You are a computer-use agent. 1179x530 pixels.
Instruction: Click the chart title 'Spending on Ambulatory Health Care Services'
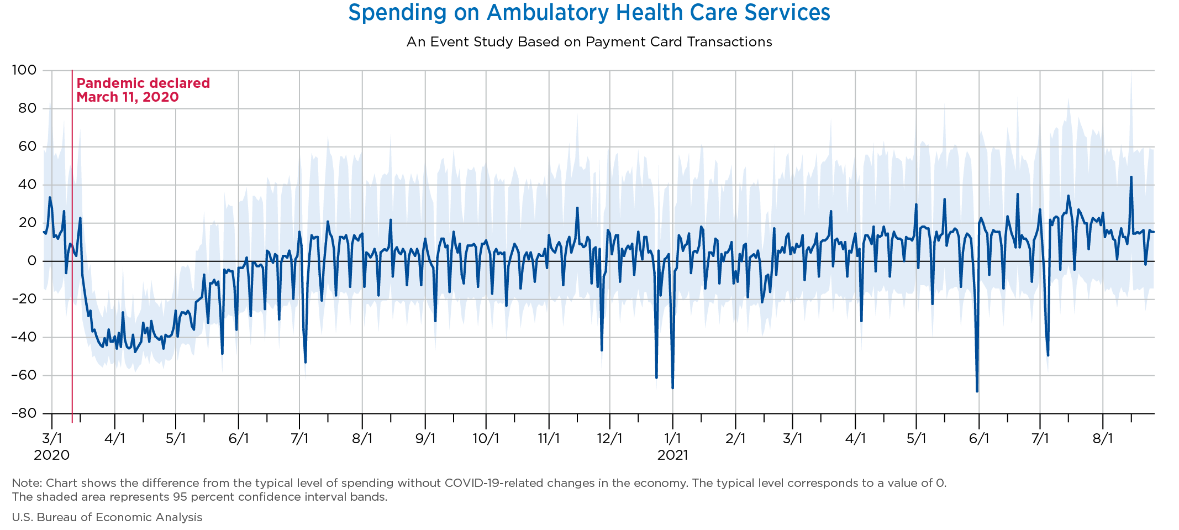[589, 13]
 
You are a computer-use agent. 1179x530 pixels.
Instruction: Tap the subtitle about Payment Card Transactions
[589, 42]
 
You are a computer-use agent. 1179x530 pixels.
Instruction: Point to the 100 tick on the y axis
[24, 70]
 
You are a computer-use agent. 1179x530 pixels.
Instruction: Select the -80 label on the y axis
[24, 413]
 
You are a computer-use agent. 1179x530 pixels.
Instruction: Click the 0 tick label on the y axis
[32, 261]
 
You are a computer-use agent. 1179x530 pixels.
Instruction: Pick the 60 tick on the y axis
[24, 146]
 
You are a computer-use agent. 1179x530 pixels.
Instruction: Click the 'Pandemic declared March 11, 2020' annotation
[143, 90]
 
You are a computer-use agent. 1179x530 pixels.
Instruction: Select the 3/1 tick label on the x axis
[52, 439]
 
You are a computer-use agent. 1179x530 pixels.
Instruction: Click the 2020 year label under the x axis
[52, 455]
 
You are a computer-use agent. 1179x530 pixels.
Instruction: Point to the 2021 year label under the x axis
[672, 455]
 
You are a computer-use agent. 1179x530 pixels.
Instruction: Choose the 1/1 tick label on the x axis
[672, 439]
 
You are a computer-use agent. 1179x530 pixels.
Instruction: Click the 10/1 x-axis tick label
[486, 439]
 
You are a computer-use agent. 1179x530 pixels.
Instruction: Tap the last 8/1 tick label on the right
[1102, 439]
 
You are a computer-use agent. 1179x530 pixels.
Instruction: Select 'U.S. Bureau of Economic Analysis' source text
[107, 517]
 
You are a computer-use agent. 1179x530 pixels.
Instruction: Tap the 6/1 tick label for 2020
[238, 439]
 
